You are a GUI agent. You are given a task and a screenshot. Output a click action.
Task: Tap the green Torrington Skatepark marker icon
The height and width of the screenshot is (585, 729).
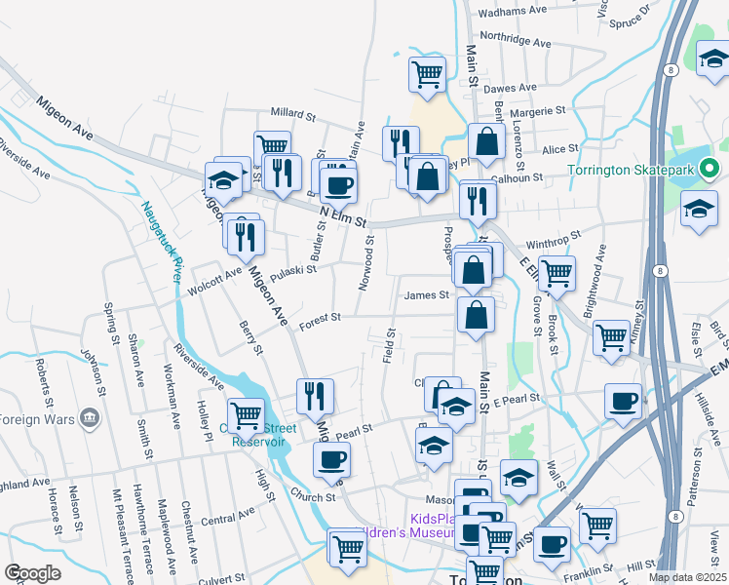[x=710, y=169]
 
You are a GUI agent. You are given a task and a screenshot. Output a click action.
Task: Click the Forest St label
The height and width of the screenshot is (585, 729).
[x=321, y=317]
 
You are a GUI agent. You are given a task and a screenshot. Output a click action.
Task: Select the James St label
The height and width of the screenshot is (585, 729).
[x=426, y=294]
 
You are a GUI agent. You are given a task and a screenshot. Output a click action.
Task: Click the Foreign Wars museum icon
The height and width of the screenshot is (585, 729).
[x=91, y=419]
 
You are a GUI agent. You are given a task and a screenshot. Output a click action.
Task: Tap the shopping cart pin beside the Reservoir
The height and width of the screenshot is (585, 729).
[x=246, y=414]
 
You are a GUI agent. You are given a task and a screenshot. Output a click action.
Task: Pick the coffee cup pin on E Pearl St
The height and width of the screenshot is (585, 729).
[x=623, y=401]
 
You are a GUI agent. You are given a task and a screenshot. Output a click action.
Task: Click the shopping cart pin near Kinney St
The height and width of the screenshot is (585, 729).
[x=611, y=336]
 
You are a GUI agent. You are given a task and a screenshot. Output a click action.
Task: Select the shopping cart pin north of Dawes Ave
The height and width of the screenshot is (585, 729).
[x=427, y=72]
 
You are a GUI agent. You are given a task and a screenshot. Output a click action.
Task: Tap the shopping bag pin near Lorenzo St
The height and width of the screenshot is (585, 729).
[x=486, y=140]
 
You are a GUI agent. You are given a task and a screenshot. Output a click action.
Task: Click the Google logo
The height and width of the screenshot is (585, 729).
[x=32, y=573]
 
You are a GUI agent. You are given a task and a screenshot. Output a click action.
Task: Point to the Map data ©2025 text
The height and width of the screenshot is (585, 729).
[x=688, y=577]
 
